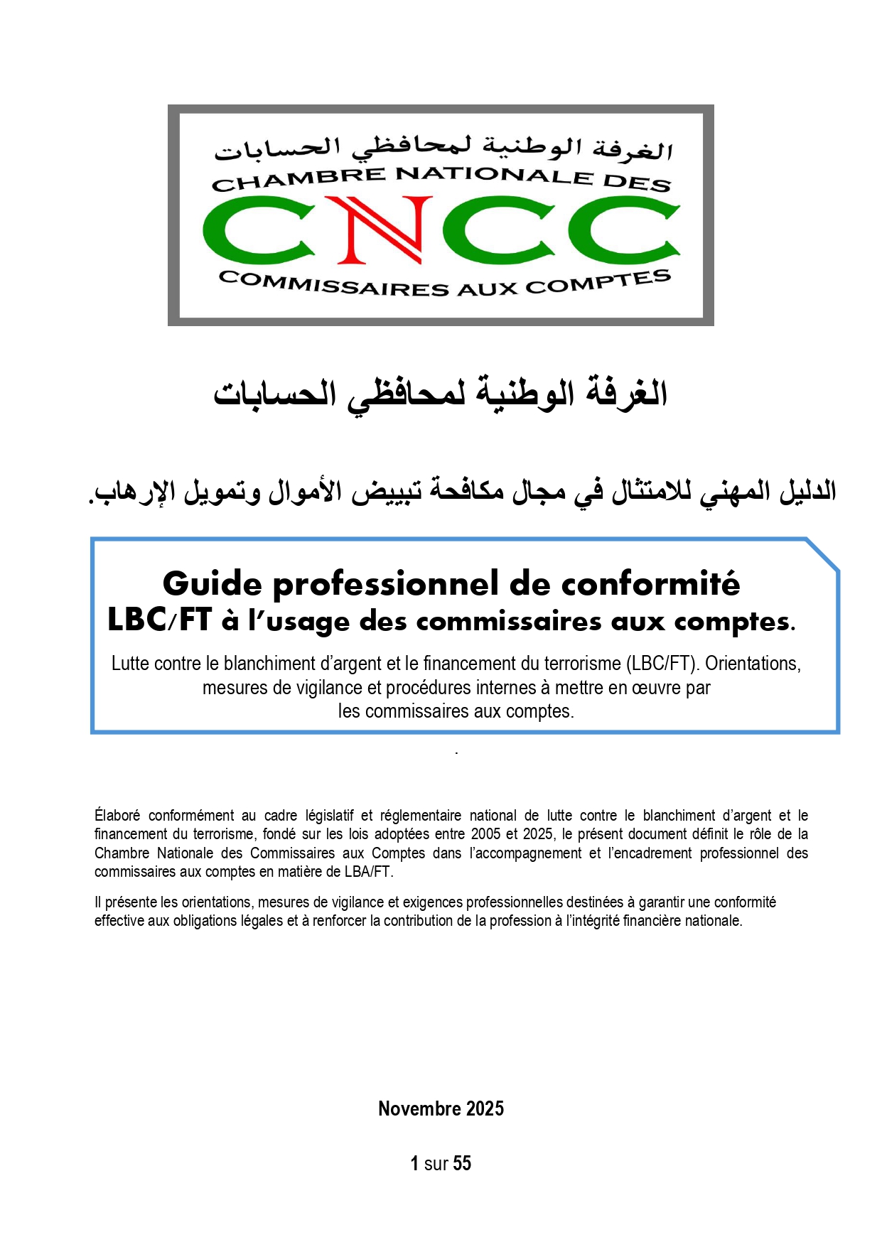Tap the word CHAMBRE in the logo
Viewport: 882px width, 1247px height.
tap(299, 178)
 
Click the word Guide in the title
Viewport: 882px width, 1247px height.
tap(213, 584)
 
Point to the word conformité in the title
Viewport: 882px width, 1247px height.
tap(650, 584)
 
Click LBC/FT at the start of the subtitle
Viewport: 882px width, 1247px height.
tap(159, 620)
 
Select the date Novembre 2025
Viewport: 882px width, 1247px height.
tap(441, 1108)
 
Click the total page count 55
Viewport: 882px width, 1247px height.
tap(462, 1163)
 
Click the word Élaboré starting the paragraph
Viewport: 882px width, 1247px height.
tap(117, 816)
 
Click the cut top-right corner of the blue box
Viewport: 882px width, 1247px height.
tap(823, 554)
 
